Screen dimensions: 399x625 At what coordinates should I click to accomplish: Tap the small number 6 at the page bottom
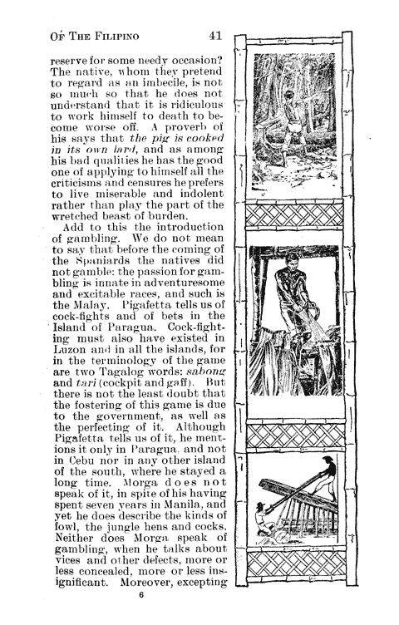pos(141,595)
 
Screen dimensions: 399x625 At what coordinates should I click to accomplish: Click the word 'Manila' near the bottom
pos(172,515)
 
